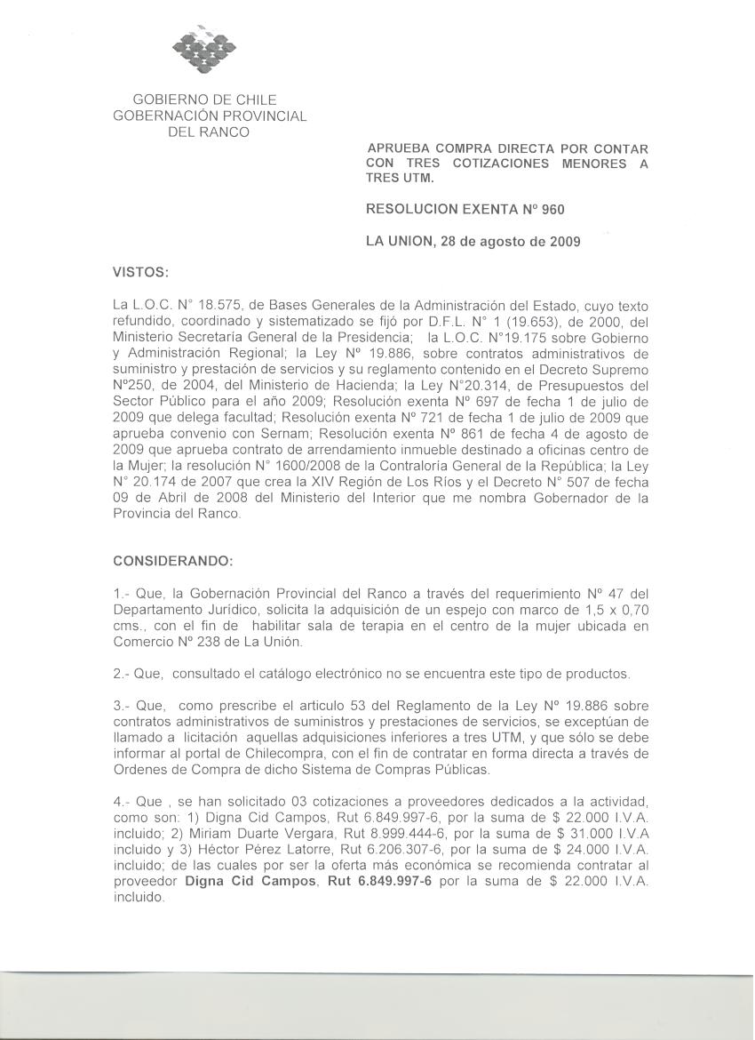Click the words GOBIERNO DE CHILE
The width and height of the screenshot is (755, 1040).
204,100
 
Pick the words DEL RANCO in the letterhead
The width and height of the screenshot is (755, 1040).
209,132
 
